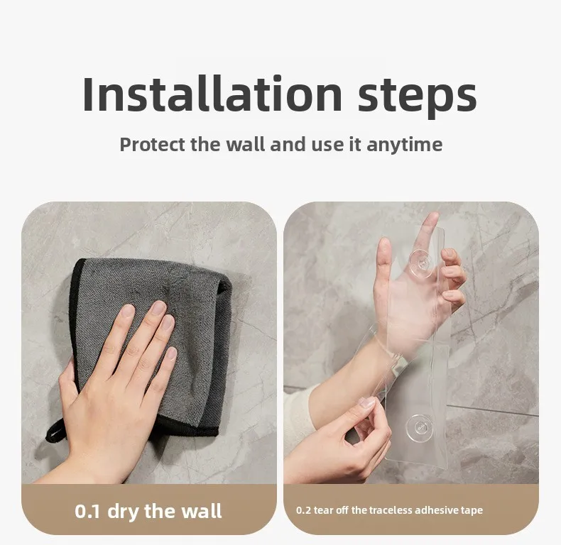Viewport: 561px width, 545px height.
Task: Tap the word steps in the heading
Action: coord(417,97)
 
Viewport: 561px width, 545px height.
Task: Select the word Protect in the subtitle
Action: coord(153,145)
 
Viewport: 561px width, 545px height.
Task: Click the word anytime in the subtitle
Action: coord(405,145)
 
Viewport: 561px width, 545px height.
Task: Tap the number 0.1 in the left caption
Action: coord(87,511)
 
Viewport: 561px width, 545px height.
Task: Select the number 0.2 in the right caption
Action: coord(303,510)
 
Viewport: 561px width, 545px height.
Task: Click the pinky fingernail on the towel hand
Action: coord(172,353)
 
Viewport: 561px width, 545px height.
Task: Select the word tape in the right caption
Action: coord(472,511)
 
